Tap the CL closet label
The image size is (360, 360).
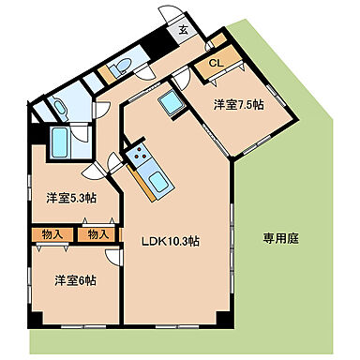(x=215, y=63)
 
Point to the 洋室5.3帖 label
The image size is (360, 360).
(x=68, y=197)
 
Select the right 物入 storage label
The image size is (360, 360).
(x=97, y=234)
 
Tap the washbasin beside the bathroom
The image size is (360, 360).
(x=55, y=106)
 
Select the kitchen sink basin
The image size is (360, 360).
(x=156, y=180)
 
